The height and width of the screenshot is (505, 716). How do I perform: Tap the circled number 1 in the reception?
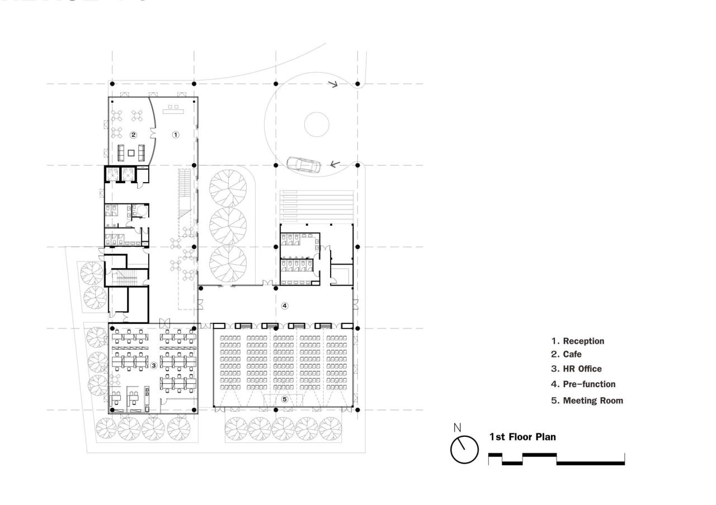point(175,135)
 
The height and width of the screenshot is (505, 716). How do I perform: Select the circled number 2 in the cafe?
point(133,135)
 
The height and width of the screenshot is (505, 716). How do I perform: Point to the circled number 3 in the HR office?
point(154,365)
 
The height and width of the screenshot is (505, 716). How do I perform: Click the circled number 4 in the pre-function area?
point(285,306)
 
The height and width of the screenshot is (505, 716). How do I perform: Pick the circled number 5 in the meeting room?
point(285,399)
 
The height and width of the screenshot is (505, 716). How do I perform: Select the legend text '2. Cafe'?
point(566,354)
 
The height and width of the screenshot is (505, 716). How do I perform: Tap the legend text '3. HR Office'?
point(577,369)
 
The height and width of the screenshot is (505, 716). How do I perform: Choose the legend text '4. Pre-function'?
point(583,384)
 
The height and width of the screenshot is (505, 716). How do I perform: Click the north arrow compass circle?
point(465,450)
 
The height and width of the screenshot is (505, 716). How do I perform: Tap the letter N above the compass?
point(458,428)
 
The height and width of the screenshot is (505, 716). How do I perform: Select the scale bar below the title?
point(556,460)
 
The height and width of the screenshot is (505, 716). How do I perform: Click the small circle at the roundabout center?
point(316,124)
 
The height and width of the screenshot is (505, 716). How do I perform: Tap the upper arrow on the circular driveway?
point(333,85)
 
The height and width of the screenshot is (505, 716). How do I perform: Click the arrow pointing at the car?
point(335,164)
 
